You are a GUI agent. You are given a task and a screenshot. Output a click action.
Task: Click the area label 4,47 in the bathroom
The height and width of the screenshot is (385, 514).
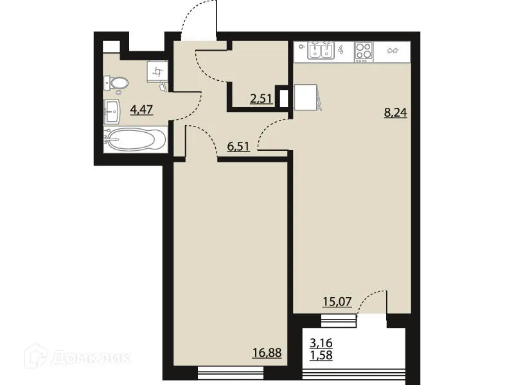click(141, 109)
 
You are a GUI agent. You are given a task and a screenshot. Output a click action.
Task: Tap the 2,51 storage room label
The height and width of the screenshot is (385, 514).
click(261, 98)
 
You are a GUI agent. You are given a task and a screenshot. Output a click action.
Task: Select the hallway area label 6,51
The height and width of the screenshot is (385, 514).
click(238, 146)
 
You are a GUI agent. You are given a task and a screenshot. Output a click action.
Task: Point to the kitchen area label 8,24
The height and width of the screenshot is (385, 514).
click(396, 112)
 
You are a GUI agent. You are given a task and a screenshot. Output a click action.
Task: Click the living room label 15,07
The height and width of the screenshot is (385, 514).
click(337, 302)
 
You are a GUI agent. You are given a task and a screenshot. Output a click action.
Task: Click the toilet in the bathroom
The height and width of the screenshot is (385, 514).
click(116, 82)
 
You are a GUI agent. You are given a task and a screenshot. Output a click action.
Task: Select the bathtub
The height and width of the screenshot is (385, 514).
click(135, 140)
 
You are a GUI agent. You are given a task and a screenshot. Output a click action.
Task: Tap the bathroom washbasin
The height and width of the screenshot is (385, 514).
click(113, 112)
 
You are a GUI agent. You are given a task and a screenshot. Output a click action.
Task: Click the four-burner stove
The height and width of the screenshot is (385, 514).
click(364, 51)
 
